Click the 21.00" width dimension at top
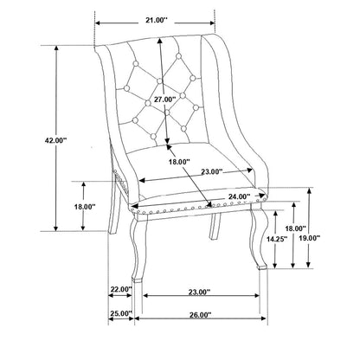156,20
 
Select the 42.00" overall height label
55,140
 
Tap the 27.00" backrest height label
164,100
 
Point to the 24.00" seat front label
239,196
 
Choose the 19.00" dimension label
310,238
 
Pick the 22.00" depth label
121,289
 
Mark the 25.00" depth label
121,313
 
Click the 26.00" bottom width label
201,315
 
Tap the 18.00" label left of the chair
85,207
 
